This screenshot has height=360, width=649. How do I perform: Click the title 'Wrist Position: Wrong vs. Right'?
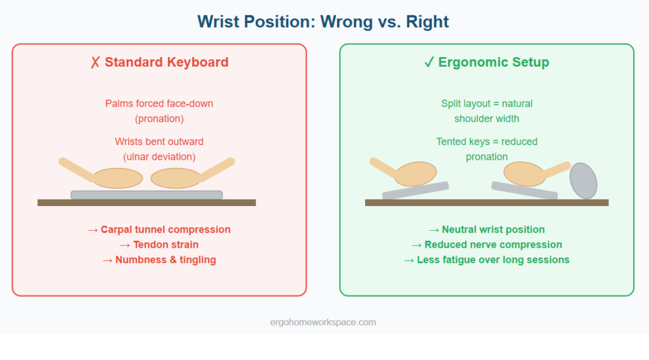tap(323, 22)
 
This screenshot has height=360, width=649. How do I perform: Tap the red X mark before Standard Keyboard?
tap(95, 62)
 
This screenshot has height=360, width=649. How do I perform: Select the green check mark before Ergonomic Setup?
tap(429, 62)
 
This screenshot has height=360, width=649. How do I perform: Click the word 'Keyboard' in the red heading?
tap(197, 62)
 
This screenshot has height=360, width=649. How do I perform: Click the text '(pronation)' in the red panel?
tap(159, 119)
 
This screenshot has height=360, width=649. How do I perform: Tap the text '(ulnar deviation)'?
tap(159, 157)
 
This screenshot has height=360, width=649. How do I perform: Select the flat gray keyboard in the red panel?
tap(146, 195)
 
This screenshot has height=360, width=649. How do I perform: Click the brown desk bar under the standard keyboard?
tap(146, 202)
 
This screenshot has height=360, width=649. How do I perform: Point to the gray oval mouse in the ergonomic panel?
tap(583, 181)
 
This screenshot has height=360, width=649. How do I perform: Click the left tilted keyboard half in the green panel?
tap(415, 190)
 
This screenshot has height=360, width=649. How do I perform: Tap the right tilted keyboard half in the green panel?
tap(524, 190)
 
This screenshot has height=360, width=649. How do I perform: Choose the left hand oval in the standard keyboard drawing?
tap(117, 178)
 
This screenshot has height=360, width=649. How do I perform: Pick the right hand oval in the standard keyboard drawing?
tap(176, 178)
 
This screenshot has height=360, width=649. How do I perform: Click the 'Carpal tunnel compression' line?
tap(159, 229)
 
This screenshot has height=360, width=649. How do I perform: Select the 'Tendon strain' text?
tap(159, 245)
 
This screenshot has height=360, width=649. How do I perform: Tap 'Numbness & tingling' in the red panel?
tap(159, 260)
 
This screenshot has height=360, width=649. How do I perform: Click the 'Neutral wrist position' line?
tap(487, 229)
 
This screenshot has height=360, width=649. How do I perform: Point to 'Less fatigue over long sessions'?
tap(487, 260)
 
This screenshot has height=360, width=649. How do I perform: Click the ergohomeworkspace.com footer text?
tap(323, 323)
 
